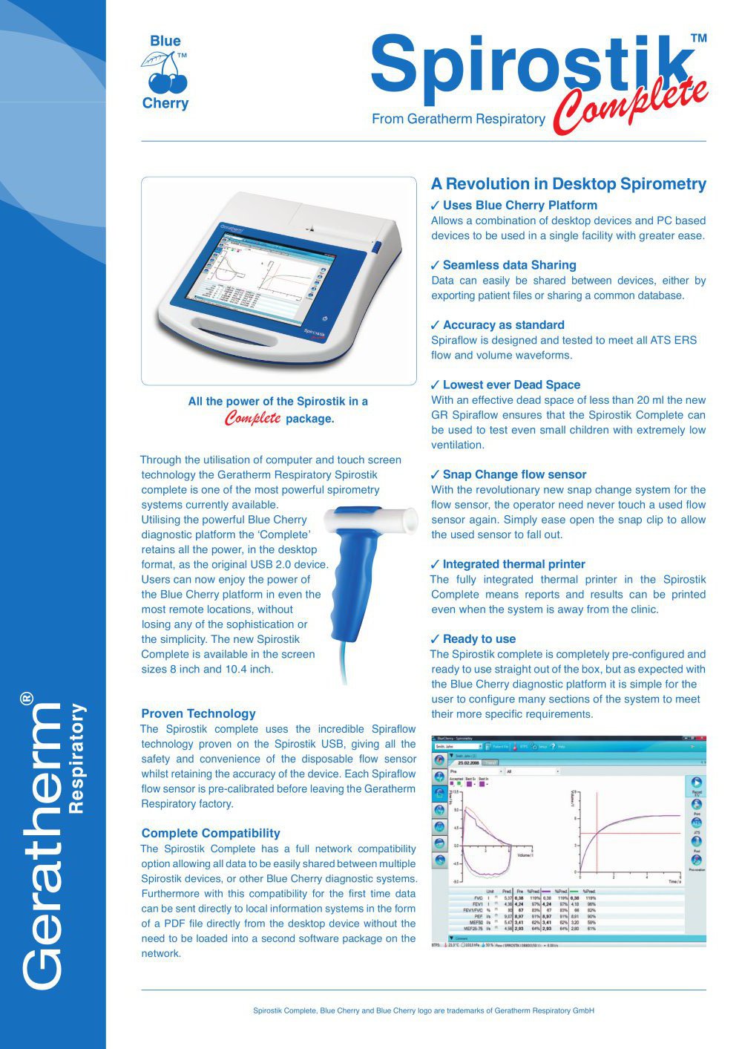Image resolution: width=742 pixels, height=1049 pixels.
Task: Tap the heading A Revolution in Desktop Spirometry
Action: click(568, 184)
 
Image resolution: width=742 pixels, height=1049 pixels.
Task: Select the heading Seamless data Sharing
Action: click(509, 265)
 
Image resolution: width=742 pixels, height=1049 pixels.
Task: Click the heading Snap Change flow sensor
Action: click(514, 474)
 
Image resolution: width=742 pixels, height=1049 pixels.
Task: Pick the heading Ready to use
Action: click(479, 638)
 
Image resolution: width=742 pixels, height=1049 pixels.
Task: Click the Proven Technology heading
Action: click(198, 713)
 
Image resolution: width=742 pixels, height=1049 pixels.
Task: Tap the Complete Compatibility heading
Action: click(211, 833)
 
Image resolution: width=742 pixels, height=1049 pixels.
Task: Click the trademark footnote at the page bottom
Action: click(424, 1010)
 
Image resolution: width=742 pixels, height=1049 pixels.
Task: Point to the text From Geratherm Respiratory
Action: click(458, 119)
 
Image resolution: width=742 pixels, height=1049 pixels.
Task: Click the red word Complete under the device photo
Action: click(253, 419)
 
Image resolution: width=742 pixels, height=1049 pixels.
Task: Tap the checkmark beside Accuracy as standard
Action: click(436, 325)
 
